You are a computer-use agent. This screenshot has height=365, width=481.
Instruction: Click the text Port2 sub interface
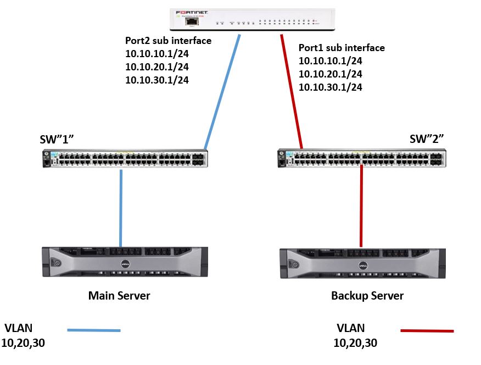coord(168,40)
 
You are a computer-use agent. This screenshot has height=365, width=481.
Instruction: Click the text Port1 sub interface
coord(342,48)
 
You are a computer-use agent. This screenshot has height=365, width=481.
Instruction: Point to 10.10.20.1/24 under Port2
coord(157,67)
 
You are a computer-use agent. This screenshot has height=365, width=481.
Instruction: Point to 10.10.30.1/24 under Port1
coord(331,87)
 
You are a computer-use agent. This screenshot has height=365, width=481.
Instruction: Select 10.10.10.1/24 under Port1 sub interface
coord(331,61)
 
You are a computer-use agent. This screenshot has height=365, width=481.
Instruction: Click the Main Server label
coord(119,296)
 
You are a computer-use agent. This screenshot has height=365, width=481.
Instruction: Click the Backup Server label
coord(367,296)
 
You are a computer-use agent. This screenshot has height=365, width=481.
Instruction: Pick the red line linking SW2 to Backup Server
coord(361,206)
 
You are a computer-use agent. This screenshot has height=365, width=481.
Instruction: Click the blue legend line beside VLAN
coord(93,330)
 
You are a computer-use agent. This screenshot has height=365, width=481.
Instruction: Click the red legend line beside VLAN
coord(427,331)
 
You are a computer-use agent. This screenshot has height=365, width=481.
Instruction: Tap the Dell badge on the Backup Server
coord(363,265)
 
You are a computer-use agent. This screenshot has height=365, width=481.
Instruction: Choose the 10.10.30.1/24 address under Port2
coord(157,80)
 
